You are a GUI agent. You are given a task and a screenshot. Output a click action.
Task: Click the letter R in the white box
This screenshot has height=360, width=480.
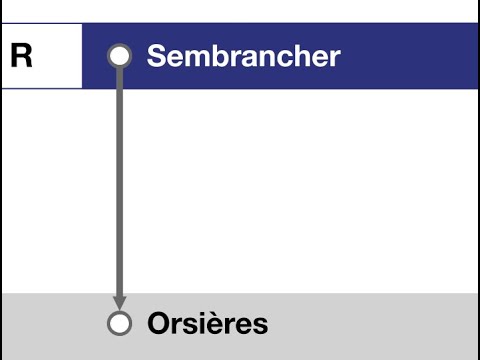(x=21, y=56)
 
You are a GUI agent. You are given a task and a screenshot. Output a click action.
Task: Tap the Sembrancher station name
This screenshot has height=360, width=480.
(x=243, y=56)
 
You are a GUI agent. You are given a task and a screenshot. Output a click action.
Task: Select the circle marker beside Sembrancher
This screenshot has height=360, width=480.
(x=119, y=56)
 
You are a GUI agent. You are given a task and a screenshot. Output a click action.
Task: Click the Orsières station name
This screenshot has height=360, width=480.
(x=207, y=324)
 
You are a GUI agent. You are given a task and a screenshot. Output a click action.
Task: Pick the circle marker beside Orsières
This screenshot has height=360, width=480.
(x=119, y=324)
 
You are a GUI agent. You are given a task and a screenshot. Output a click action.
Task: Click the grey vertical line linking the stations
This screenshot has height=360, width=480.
(x=119, y=180)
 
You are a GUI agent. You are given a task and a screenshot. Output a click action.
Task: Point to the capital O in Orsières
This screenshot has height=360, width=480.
(x=159, y=324)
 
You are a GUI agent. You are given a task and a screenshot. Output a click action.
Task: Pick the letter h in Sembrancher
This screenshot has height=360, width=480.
(x=299, y=56)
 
